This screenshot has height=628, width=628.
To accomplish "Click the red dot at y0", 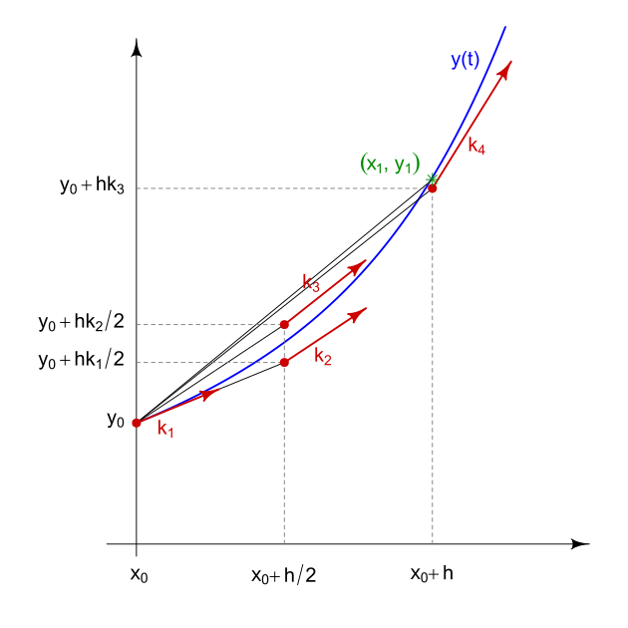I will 137,423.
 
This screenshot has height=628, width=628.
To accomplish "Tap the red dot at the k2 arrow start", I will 285,362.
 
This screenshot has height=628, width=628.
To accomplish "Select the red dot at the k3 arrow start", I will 285,324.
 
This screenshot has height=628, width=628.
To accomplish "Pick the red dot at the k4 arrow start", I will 433,187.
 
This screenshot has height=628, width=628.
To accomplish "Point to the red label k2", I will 322,357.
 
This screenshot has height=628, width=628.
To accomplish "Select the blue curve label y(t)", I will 465,60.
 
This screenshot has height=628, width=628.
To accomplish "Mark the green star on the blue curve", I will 432,179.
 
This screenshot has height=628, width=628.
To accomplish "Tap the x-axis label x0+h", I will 432,574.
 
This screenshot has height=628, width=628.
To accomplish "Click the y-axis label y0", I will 115,420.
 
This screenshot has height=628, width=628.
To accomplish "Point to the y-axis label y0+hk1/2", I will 81,360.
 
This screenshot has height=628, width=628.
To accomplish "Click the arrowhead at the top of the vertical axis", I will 137,49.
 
